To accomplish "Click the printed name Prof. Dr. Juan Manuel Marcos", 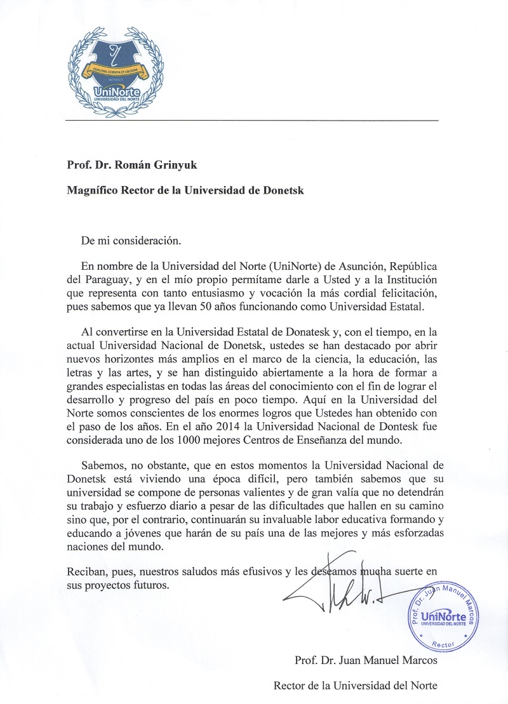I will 366,661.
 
